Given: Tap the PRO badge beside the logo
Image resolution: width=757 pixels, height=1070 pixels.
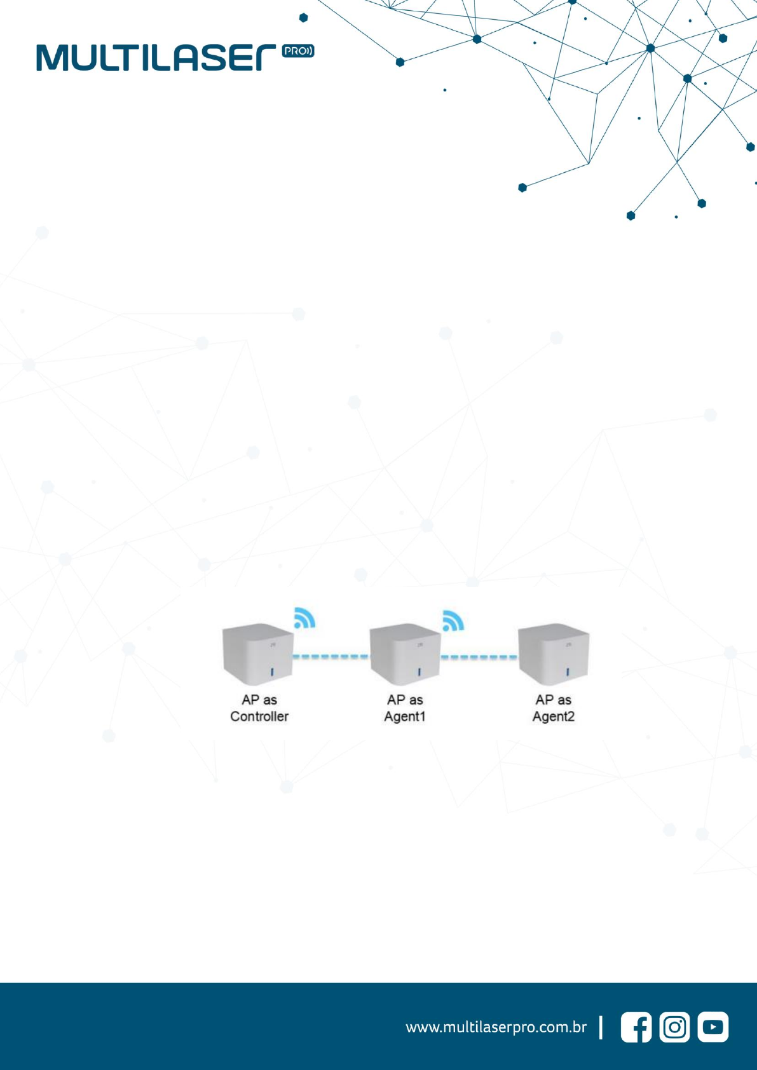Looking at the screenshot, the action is [298, 51].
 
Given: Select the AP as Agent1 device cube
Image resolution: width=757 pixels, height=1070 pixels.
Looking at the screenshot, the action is [406, 654].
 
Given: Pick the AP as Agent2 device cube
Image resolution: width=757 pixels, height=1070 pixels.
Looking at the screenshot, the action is [554, 654].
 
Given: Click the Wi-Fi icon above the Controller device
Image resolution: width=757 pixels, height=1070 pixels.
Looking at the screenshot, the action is [304, 618].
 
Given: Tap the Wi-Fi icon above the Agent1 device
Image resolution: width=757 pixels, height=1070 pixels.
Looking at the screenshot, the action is [453, 621].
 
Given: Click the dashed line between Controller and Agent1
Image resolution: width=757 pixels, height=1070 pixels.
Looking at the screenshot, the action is [331, 657].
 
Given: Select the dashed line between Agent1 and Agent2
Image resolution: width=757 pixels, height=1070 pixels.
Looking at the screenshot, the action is [479, 657].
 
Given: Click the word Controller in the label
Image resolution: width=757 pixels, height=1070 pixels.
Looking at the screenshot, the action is [259, 717].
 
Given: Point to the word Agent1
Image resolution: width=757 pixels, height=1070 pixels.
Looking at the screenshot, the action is [405, 717].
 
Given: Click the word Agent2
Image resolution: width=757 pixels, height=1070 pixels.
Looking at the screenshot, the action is [554, 717].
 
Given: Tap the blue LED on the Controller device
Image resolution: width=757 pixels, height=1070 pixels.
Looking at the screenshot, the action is [272, 672].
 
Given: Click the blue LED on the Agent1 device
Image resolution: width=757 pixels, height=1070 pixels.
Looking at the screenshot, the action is [419, 672].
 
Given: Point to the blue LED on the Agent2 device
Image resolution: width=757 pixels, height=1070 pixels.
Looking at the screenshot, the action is [568, 672].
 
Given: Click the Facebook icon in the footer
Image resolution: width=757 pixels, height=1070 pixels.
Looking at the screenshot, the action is [636, 1027].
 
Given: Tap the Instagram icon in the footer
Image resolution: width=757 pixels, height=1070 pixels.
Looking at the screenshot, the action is [675, 1027].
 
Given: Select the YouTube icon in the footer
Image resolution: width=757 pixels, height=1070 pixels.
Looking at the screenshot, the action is [713, 1027].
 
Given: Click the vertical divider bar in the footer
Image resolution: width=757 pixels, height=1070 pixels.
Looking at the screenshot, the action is [601, 1027].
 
